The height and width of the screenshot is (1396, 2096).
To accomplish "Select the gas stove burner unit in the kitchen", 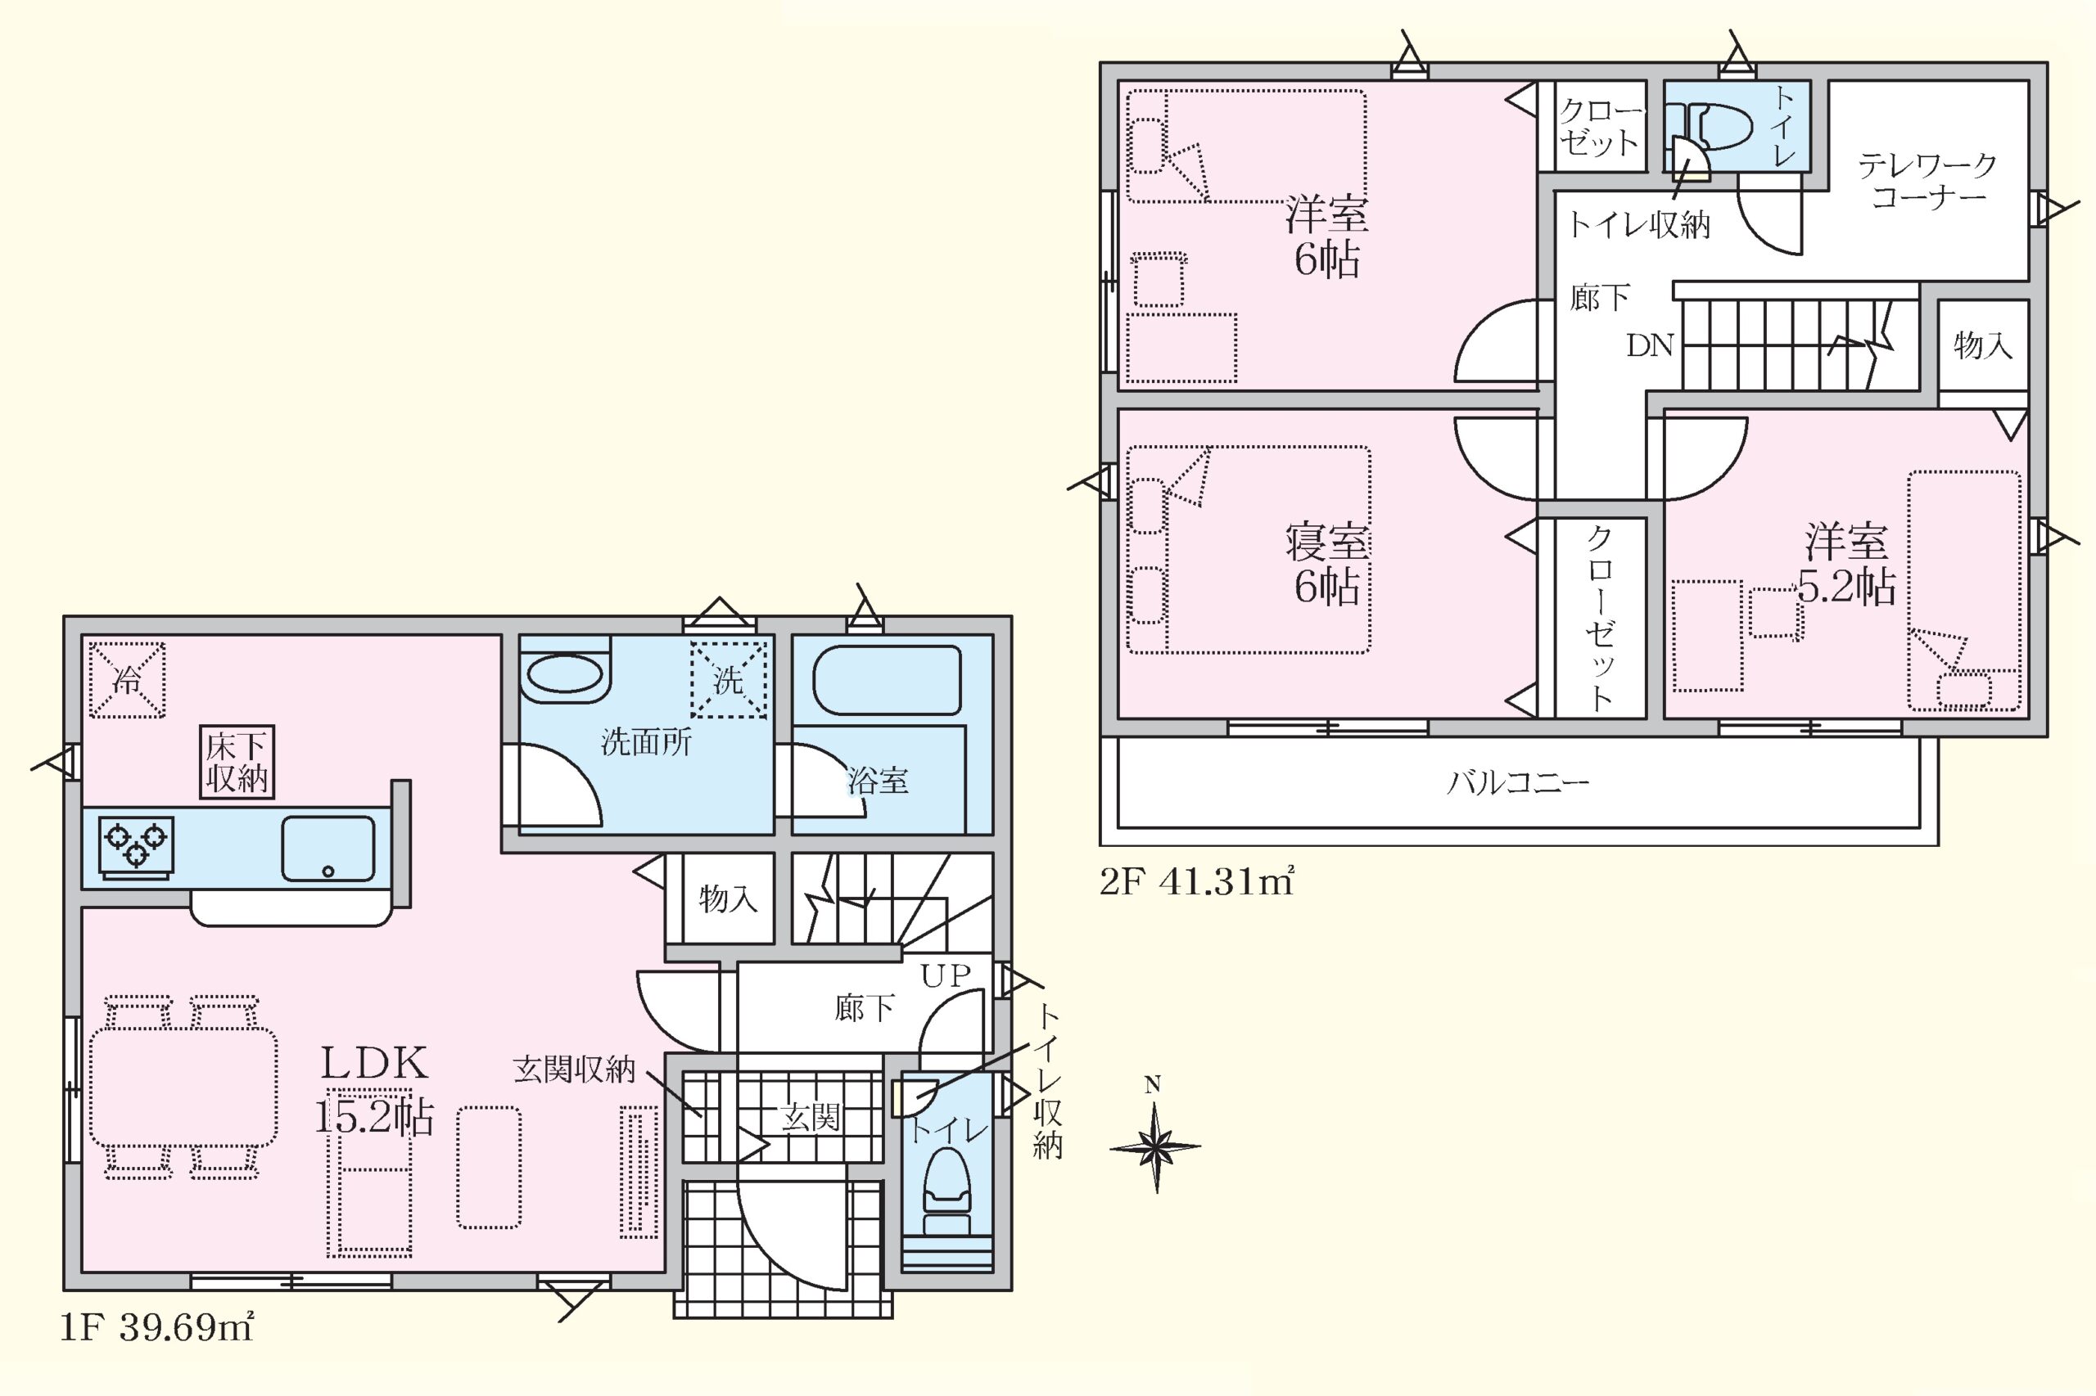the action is click(x=136, y=846).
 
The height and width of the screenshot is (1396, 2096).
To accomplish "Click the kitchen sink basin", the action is click(x=327, y=849).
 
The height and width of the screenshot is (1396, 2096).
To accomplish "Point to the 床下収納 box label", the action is click(x=237, y=761).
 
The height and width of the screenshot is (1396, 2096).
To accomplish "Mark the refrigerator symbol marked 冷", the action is click(x=126, y=680).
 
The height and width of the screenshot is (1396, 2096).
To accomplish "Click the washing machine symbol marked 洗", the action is click(x=729, y=679).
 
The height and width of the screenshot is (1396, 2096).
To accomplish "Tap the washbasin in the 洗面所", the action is click(x=564, y=674).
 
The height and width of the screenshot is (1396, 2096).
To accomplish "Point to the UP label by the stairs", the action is click(x=945, y=975).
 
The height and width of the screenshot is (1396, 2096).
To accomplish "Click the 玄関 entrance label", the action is click(x=811, y=1116).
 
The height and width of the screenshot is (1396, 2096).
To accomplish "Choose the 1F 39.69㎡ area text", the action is click(x=156, y=1328).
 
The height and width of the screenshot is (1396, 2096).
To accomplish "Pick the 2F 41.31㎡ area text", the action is click(x=1196, y=881).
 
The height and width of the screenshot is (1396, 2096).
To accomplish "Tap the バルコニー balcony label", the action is click(x=1518, y=782).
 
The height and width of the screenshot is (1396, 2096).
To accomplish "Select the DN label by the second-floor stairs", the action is click(x=1650, y=345).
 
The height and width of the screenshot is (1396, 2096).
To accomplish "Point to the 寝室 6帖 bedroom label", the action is click(x=1327, y=564).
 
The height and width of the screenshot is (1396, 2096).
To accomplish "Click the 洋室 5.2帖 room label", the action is click(x=1846, y=564).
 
